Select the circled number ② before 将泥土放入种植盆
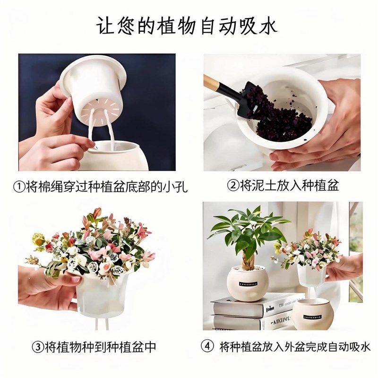233,185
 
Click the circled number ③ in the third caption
38,348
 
